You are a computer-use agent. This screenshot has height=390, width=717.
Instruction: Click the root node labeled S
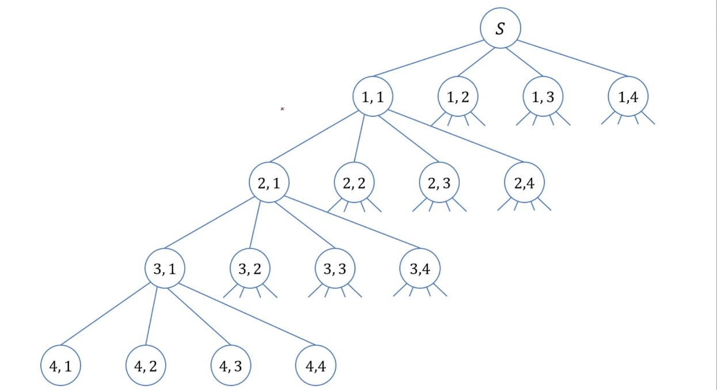pos(501,28)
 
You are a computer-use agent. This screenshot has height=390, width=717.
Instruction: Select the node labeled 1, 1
pos(373,97)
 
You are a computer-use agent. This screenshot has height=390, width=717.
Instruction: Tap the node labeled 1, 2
pos(458,97)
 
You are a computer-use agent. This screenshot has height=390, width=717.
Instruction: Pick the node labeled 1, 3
pos(543,97)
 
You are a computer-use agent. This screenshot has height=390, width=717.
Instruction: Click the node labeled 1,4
pos(628,97)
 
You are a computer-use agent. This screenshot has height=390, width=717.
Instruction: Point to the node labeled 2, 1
pos(269,183)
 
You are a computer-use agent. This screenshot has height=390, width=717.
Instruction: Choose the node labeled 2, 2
pos(354,183)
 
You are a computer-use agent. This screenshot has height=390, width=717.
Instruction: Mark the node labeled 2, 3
pos(439,183)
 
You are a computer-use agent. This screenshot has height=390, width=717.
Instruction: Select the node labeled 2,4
pos(524,183)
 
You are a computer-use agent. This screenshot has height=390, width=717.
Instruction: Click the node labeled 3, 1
pos(165,269)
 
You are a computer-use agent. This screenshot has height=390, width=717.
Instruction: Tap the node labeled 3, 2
pos(250,269)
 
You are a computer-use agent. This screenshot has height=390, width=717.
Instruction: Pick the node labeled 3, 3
pos(335,269)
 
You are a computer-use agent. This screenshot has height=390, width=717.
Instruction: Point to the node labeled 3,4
pos(419,269)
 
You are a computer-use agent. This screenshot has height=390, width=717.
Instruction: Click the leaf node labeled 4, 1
pos(60,365)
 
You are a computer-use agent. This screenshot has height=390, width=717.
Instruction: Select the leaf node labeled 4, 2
pos(146,365)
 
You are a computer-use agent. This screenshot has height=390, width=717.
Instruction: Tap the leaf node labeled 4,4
pos(315,365)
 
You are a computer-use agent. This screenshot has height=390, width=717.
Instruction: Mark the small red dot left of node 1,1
pos(282,109)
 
